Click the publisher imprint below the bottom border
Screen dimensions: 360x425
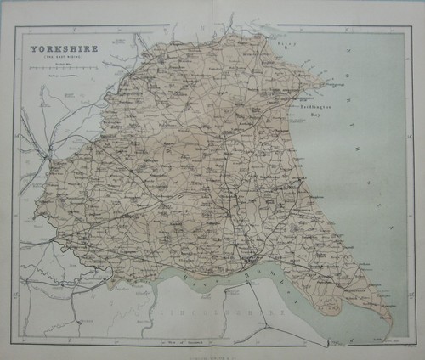(212, 350)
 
